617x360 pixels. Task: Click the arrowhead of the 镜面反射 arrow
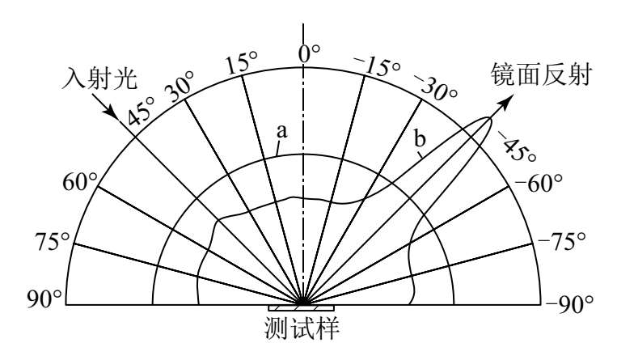coord(508,100)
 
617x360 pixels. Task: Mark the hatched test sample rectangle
coord(301,308)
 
